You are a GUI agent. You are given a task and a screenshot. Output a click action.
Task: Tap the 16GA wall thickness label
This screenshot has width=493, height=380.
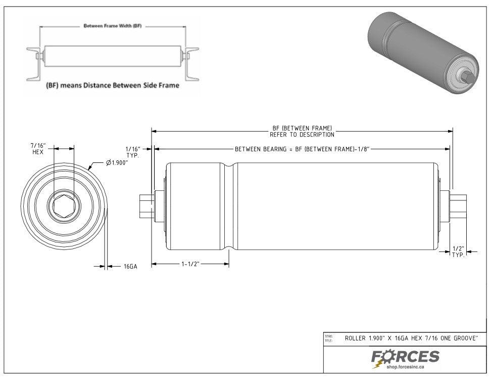[x=130, y=266]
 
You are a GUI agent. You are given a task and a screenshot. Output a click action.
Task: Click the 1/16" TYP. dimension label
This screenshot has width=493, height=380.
[x=132, y=152]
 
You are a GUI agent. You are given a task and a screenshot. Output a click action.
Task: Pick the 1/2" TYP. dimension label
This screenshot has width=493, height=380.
[x=458, y=251]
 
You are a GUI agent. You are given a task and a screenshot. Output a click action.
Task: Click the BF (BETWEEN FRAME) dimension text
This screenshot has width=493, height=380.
[x=302, y=132]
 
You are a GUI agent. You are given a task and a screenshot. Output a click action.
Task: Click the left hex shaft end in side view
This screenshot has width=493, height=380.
[x=146, y=206]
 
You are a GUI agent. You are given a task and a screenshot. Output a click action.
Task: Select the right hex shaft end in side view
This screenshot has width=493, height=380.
[x=460, y=206]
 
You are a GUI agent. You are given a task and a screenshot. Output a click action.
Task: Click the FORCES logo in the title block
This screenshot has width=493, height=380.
[x=406, y=357]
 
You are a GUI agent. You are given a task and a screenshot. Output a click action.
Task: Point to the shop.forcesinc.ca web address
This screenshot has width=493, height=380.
[x=412, y=367]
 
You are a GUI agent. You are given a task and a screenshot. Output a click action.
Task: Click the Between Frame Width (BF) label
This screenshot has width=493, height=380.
[x=112, y=25]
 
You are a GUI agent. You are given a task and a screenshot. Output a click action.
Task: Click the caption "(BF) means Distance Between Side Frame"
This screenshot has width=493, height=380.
[x=112, y=85]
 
